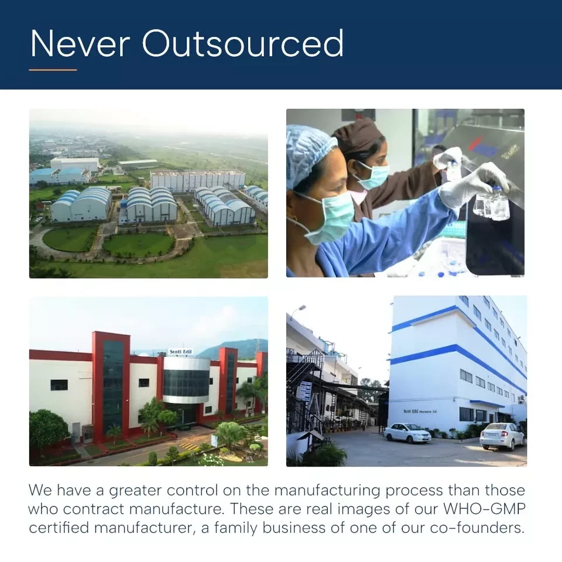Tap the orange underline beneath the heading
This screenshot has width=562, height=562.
coord(53,70)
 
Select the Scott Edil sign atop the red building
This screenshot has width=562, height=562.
coord(180,352)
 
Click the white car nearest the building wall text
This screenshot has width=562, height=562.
coord(407,433)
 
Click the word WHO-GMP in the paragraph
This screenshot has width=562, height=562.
coord(485,509)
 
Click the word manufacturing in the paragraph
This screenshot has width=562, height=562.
coord(327,491)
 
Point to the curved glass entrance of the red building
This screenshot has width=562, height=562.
coord(186,381)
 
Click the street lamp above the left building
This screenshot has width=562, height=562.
coord(298,309)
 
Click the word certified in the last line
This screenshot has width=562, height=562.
coord(59,527)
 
